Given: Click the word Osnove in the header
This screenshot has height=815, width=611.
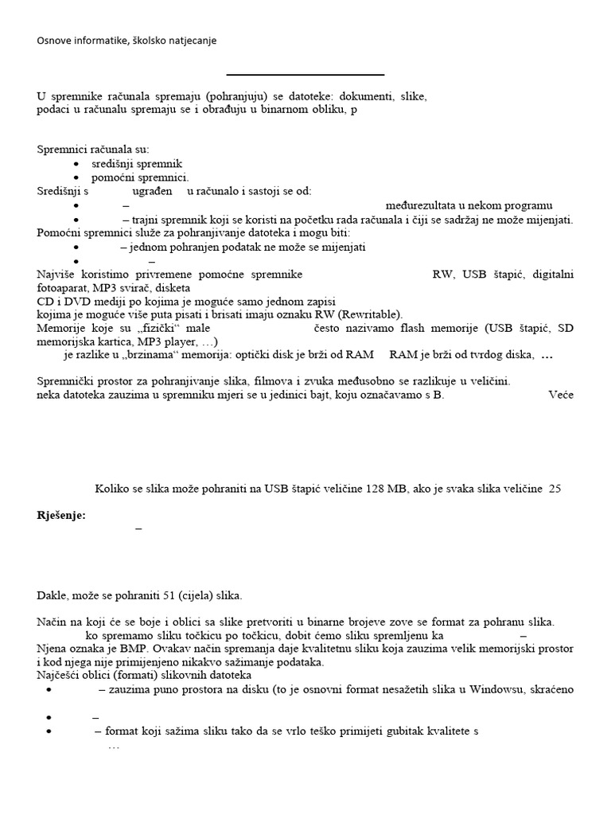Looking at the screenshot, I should pyautogui.click(x=55, y=40).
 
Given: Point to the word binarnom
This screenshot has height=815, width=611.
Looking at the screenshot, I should pyautogui.click(x=280, y=110).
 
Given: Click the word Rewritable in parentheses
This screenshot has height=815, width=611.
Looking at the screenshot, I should pyautogui.click(x=369, y=314).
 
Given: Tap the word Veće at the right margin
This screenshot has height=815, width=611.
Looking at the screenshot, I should pyautogui.click(x=560, y=394).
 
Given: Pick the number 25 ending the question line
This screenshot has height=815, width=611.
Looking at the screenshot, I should pyautogui.click(x=555, y=489).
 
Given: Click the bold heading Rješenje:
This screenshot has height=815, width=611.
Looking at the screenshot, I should pyautogui.click(x=61, y=516).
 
